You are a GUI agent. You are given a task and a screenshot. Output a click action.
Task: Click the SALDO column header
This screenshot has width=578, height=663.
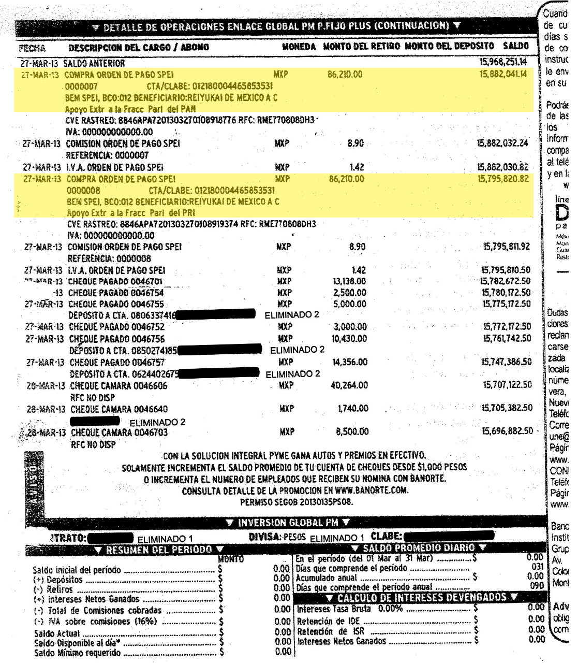[515, 47]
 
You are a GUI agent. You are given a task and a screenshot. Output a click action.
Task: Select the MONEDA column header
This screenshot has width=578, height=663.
[299, 47]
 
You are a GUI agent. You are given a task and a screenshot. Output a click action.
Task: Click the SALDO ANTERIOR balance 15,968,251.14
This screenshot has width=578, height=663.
[503, 63]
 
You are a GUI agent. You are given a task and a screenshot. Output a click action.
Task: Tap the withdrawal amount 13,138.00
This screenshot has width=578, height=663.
[349, 281]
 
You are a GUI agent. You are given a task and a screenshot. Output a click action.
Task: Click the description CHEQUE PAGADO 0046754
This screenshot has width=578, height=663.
[116, 293]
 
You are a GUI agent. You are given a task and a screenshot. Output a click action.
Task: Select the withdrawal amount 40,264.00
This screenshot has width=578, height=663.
[349, 385]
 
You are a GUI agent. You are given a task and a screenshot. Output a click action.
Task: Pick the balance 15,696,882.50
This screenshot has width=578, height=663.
[508, 431]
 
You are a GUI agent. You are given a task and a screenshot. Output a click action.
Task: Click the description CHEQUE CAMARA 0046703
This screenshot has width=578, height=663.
[119, 433]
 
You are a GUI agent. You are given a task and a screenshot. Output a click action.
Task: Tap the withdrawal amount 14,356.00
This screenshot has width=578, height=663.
[349, 362]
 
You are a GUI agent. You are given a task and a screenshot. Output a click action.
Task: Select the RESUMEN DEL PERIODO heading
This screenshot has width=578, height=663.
[159, 550]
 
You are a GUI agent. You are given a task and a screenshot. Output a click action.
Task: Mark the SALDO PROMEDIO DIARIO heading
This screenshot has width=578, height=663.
[419, 548]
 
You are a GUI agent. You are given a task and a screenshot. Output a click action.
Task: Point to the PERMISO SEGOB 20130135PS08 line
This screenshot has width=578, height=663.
[295, 502]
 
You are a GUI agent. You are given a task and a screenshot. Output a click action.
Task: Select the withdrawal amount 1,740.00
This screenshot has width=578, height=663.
[353, 409]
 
